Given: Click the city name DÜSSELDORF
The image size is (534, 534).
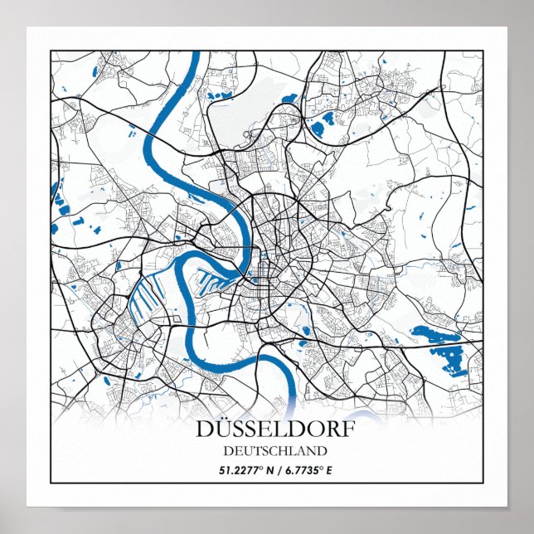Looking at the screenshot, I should coord(273,430).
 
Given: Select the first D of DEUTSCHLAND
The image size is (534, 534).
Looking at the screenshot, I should coord(227,451).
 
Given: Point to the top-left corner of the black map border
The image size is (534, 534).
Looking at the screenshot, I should coord(51,51).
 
